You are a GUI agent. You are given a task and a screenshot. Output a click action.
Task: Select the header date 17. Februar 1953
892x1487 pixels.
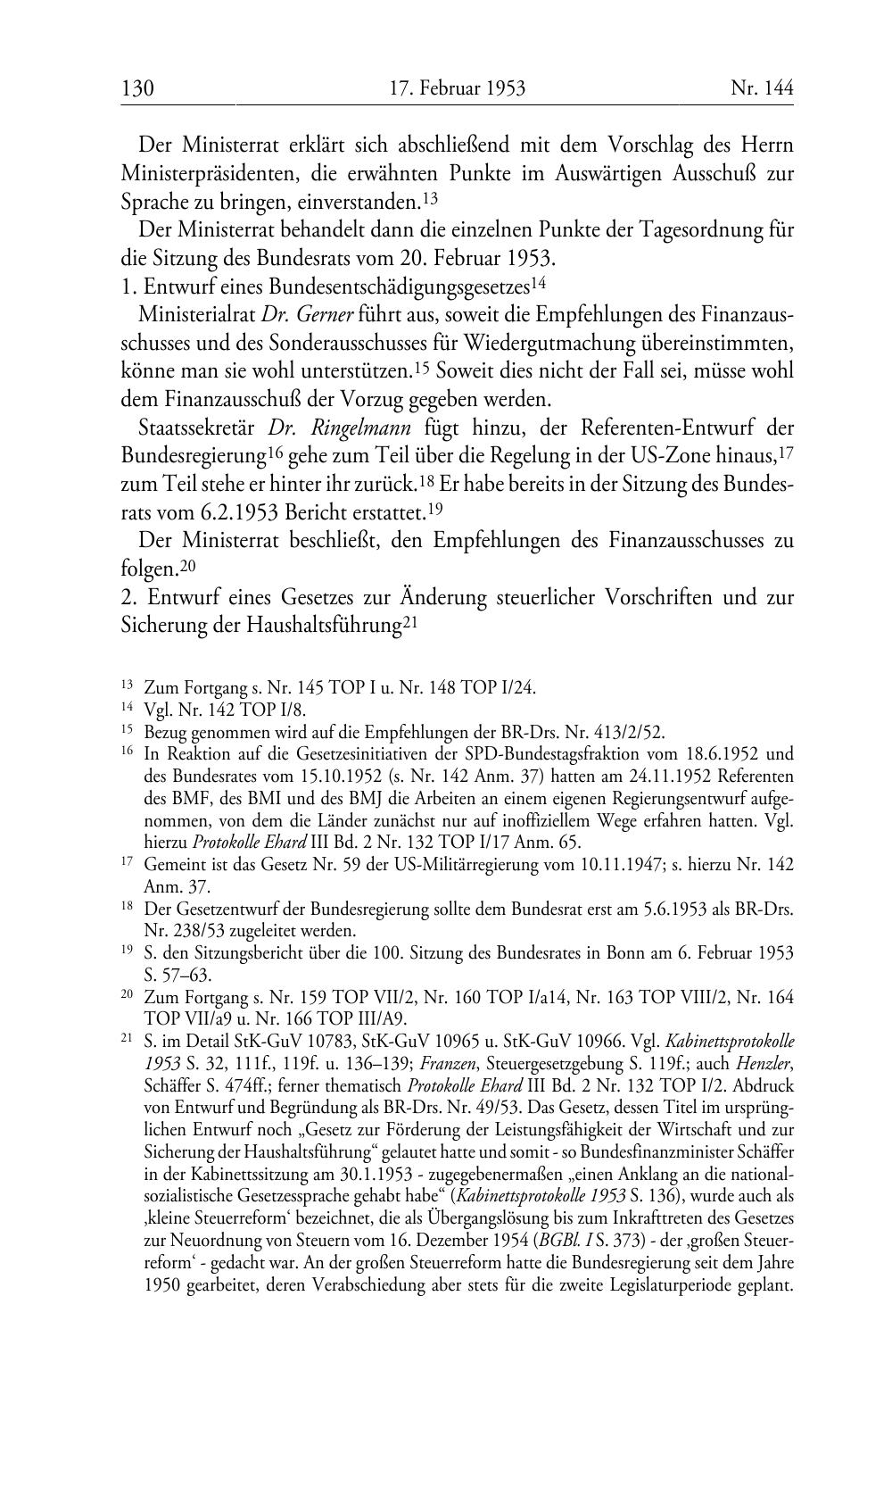pos(457,88)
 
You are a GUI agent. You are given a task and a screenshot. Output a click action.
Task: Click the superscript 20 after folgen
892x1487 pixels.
pos(187,565)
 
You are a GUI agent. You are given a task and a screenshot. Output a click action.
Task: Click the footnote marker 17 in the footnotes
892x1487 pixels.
pos(128,863)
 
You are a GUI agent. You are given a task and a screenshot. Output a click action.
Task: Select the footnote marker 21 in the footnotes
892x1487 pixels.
pos(128,1040)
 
